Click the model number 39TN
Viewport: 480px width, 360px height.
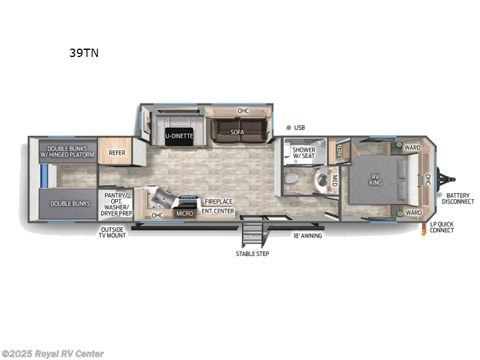pos(83,53)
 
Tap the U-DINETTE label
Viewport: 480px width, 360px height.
pos(179,136)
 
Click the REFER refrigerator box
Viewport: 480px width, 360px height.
pos(116,153)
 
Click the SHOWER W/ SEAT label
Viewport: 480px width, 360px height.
pos(304,152)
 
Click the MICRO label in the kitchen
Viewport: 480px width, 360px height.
pos(184,213)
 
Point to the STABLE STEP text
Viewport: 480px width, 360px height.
pos(252,254)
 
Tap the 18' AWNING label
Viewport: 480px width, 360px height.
pos(307,236)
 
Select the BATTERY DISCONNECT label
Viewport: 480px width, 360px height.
pos(458,199)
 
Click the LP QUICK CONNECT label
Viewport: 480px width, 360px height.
pos(442,227)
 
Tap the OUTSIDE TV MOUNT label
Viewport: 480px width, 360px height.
pos(113,232)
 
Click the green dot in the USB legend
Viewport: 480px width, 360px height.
pos(289,127)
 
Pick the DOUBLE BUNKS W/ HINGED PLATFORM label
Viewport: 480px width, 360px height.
pos(67,151)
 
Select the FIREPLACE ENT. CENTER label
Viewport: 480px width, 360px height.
pos(218,206)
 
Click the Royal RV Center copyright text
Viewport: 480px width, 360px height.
pos(53,354)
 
